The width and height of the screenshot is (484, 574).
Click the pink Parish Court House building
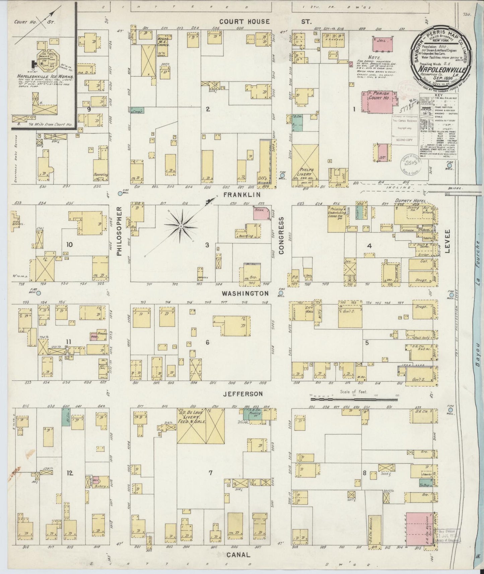[377, 101]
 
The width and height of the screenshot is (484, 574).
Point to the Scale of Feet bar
[354, 399]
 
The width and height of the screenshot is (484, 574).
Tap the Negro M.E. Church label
[163, 40]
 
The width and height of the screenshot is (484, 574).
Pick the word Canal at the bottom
[238, 554]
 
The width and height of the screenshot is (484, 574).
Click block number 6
[207, 342]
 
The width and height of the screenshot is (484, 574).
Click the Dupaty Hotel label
[407, 201]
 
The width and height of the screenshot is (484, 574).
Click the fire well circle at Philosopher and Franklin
[120, 193]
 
